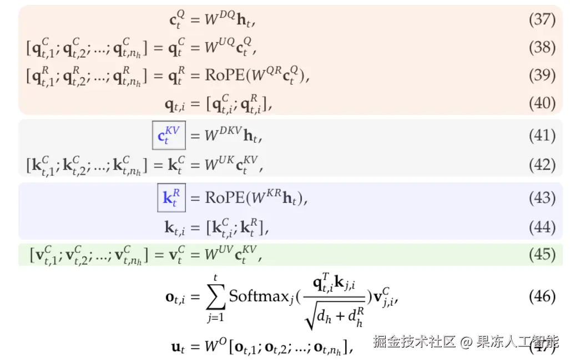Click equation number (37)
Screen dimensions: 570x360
[542, 20]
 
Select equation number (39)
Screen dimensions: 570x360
[542, 75]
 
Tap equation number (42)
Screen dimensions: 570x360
[542, 165]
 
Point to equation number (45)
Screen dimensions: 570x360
[542, 254]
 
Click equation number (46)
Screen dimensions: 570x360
[542, 296]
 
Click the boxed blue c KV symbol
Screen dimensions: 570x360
[169, 136]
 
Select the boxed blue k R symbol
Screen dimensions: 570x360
[171, 199]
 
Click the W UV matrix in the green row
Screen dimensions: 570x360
[219, 255]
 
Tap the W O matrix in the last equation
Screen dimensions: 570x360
[215, 347]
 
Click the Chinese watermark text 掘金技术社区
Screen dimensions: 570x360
[414, 341]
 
